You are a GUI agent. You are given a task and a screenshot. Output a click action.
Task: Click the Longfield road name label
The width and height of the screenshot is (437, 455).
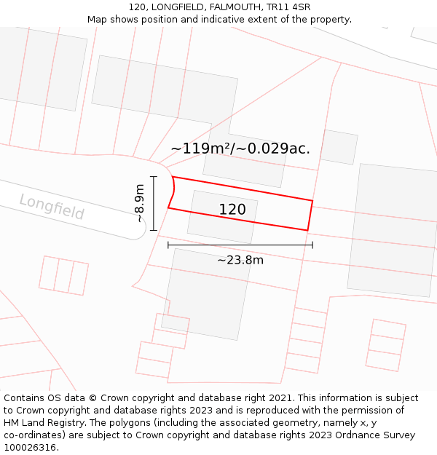[x=52, y=207]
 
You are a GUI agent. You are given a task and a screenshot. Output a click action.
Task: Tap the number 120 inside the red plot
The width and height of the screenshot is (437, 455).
[x=232, y=210]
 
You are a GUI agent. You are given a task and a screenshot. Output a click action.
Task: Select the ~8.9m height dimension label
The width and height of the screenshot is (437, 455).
[x=139, y=203]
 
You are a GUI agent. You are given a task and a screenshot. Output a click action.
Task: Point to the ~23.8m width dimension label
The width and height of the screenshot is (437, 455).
[x=240, y=259]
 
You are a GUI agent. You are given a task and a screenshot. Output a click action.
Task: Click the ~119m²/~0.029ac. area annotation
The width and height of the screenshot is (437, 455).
[x=240, y=149]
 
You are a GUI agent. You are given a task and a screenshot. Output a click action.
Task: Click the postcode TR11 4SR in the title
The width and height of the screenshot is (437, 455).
[x=291, y=7]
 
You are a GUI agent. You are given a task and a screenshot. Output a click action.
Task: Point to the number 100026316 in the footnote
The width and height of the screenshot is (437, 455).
[x=30, y=448]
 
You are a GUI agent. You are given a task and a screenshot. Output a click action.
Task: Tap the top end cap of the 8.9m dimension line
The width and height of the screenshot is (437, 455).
[x=154, y=176]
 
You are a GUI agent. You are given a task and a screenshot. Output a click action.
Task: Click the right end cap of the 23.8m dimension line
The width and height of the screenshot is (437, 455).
[x=312, y=245]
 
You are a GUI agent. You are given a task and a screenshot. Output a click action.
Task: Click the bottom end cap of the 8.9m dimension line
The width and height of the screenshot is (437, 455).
[x=154, y=230]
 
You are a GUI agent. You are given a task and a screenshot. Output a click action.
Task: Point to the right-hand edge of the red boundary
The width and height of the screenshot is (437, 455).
[x=310, y=215]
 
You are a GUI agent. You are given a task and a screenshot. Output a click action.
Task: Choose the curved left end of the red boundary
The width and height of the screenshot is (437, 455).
[x=173, y=191]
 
